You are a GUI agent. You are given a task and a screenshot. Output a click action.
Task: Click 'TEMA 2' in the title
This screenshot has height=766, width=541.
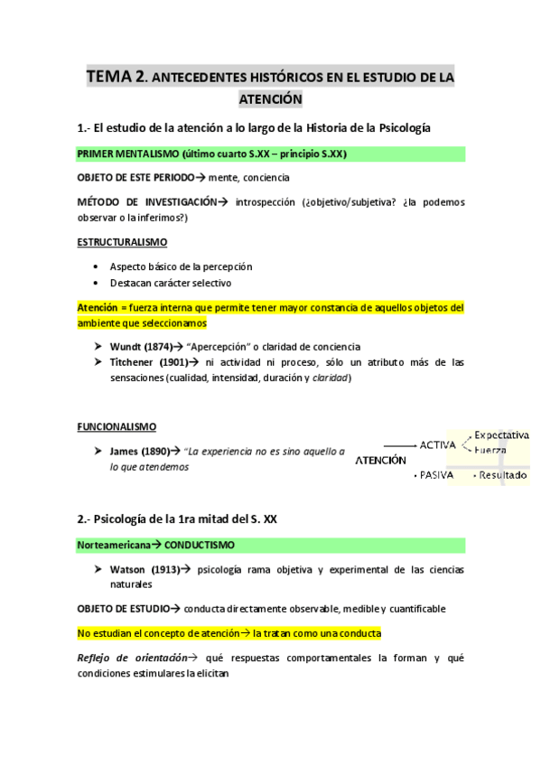click(117, 77)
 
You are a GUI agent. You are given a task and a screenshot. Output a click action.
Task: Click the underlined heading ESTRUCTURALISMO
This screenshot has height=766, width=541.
click(122, 243)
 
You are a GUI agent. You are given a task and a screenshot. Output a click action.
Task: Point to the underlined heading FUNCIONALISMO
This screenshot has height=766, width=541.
click(117, 426)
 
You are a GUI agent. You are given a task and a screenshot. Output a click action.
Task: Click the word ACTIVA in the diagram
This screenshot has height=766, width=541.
click(438, 444)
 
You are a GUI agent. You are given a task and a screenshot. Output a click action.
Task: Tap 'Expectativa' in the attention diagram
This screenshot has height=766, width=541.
click(502, 434)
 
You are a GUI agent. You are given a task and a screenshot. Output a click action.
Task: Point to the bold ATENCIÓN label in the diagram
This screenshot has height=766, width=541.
click(380, 460)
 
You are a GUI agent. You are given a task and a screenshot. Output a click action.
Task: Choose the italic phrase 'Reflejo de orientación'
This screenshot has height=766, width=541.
click(133, 658)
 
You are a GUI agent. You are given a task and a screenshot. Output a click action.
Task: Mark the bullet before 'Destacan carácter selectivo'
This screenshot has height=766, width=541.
click(97, 282)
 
